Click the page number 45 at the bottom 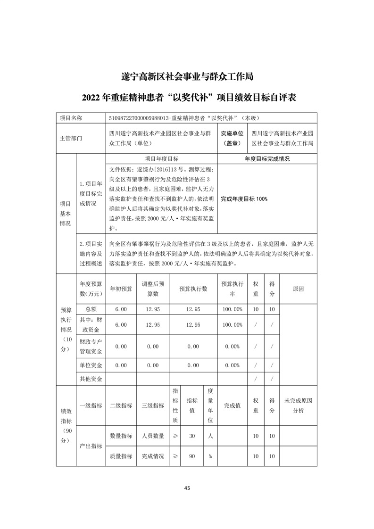pos(187,488)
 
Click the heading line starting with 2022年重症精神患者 pos(187,98)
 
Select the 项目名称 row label pos(71,118)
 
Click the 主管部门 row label pos(71,139)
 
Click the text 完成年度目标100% pos(244,199)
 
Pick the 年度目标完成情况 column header pos(267,159)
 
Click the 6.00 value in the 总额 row pos(121,309)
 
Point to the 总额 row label pos(91,309)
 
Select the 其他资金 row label pos(91,379)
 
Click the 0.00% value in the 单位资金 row pos(232,365)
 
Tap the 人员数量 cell pos(153,436)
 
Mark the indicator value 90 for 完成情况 pos(192,456)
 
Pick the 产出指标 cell pos(91,446)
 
